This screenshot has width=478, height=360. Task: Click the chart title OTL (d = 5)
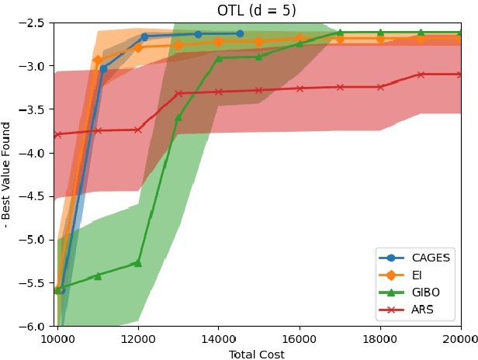coord(257,11)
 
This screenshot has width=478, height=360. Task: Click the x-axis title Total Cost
coord(257,355)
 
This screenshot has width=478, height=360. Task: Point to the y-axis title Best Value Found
coord(7,175)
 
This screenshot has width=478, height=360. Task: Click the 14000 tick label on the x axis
coord(219,339)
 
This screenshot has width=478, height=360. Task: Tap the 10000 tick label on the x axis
coord(57,339)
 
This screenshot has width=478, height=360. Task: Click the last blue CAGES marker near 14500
coord(239,34)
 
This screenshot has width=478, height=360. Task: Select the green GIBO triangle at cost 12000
coord(138,263)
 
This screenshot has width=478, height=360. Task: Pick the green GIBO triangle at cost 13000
coord(178,118)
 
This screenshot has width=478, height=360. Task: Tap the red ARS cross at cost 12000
coord(138,130)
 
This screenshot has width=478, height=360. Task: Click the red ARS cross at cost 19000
coord(421,74)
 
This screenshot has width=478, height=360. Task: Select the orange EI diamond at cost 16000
coord(300,38)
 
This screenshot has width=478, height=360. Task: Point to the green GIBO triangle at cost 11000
coord(98,275)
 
